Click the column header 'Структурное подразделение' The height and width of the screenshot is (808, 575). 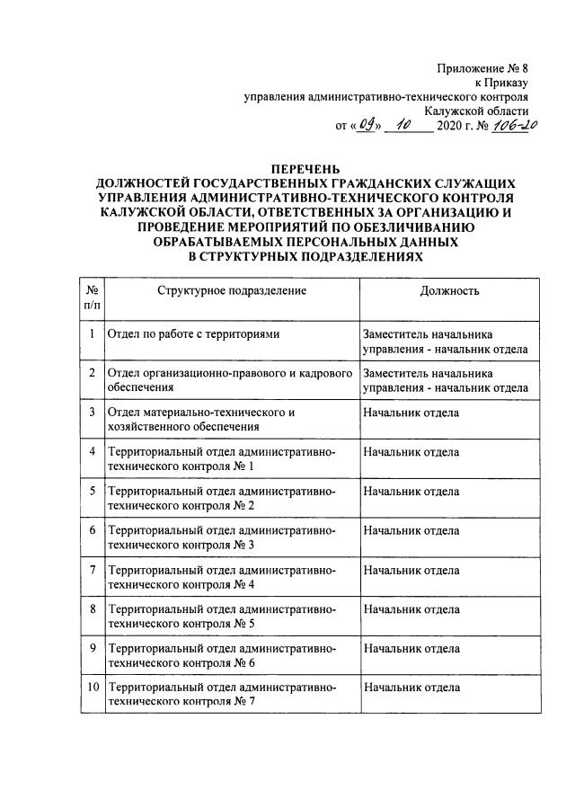pos(232,290)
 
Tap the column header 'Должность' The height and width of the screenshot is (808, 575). pos(449,290)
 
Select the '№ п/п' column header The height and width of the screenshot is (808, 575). pos(92,298)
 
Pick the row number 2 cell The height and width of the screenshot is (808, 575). pos(92,372)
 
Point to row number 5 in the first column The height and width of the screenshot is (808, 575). pos(92,491)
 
